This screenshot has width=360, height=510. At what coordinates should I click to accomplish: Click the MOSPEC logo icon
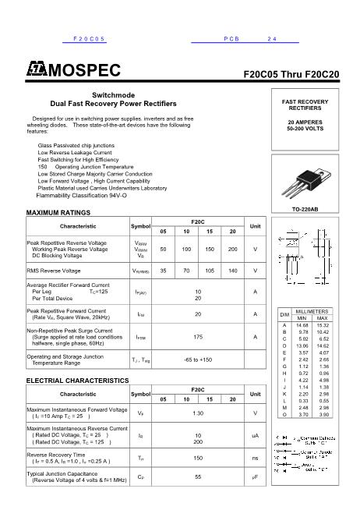point(36,73)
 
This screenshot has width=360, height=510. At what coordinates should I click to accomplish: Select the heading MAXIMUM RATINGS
point(58,213)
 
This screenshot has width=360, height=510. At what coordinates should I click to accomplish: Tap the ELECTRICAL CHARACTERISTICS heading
point(78,380)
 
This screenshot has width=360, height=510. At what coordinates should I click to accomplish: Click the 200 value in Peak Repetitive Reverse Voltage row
point(232,249)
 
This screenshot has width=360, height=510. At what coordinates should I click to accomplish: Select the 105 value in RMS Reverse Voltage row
point(210,271)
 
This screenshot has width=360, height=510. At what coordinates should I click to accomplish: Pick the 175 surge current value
point(198,338)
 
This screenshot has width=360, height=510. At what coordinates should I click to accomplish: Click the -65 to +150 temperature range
point(198,359)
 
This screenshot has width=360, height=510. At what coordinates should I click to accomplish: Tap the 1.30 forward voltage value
point(198,413)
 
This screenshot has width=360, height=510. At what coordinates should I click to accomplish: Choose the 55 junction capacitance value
point(198,475)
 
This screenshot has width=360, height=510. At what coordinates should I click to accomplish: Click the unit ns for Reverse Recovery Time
point(255,458)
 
